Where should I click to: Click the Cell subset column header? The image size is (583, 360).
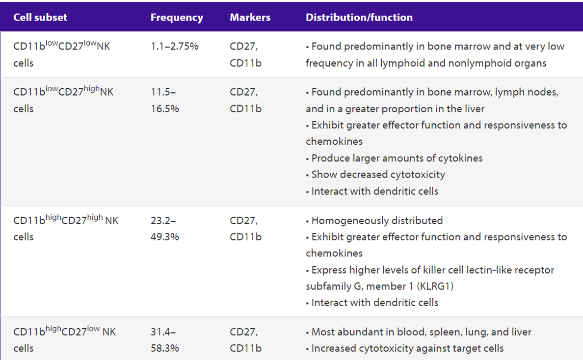(x=40, y=18)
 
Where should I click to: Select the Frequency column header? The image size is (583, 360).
(x=177, y=18)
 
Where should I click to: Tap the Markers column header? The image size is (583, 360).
(x=250, y=18)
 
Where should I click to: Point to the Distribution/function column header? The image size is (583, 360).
(x=359, y=18)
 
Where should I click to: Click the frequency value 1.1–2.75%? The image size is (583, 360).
(x=174, y=47)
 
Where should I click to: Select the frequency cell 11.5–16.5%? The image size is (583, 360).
(x=165, y=101)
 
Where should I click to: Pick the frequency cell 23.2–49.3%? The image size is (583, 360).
(x=165, y=229)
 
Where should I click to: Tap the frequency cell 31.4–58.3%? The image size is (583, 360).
(x=165, y=340)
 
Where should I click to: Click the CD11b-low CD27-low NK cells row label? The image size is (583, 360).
(x=62, y=54)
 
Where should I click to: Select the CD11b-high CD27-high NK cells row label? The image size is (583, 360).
(x=66, y=228)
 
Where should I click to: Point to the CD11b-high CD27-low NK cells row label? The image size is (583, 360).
(x=64, y=339)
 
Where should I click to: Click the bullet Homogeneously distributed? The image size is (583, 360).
(x=374, y=221)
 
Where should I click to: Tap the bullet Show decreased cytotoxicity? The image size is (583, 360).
(x=375, y=175)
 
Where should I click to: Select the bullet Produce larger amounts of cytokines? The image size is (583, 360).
(x=394, y=158)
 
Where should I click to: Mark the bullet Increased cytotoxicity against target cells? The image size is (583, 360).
(x=404, y=349)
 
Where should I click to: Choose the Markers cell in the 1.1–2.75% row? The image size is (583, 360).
(x=245, y=54)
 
